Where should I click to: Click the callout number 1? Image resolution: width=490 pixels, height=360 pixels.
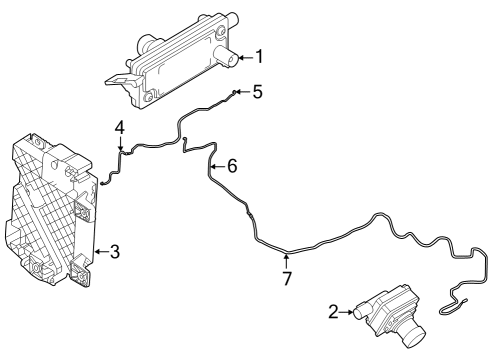258,56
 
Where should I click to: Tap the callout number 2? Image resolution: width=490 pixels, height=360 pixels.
333,313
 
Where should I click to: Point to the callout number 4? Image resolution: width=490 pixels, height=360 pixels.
119,128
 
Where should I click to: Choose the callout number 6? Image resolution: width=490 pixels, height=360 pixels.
232,166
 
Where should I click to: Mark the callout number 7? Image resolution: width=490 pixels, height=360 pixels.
287,279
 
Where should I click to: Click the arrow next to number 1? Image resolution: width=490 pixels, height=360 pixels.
241,57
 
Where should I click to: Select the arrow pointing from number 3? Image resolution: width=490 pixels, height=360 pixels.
99,252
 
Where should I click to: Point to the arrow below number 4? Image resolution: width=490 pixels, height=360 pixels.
119,146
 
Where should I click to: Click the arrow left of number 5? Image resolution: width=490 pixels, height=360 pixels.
241,92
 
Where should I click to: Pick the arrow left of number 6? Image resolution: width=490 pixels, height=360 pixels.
216,167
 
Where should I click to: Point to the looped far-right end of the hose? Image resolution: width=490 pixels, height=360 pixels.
462,296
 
